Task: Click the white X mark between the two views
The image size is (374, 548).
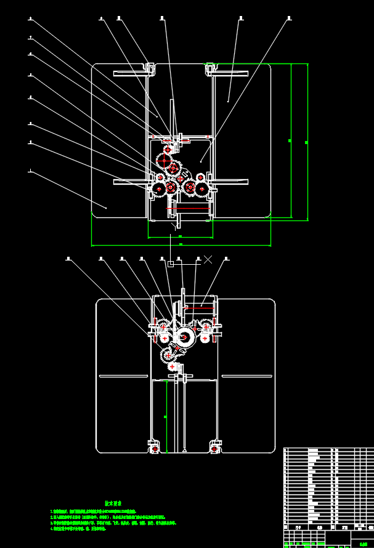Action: (x=208, y=260)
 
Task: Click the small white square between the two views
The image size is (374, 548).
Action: (x=171, y=264)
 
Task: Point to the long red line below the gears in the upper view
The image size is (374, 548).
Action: (x=188, y=209)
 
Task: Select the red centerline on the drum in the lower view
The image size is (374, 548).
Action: (x=201, y=305)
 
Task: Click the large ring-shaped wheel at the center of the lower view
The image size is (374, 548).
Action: (x=184, y=336)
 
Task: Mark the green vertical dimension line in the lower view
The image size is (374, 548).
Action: (x=166, y=417)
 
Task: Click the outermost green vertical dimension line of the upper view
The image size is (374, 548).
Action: (x=307, y=142)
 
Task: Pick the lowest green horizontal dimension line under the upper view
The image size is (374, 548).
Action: (x=181, y=245)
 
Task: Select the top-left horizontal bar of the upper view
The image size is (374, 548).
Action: (x=131, y=74)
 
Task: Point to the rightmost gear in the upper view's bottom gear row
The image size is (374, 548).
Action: (x=201, y=187)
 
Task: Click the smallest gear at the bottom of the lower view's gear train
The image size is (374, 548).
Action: (x=172, y=366)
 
